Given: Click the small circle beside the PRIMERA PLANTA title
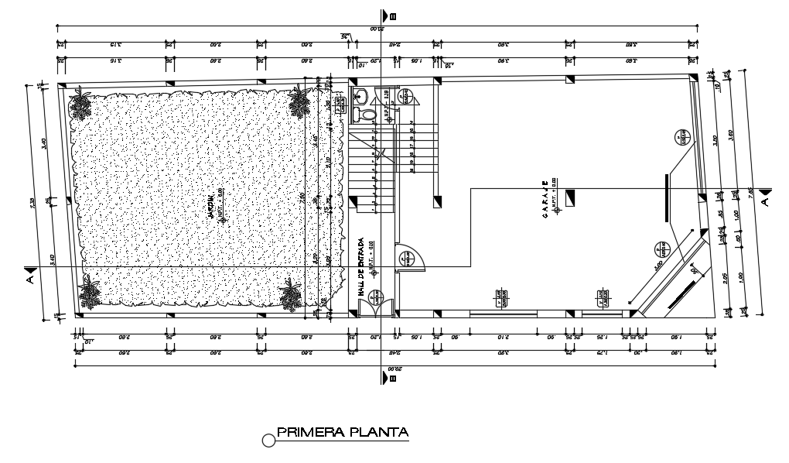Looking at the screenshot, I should (x=269, y=441).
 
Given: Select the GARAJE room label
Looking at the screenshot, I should (x=545, y=201).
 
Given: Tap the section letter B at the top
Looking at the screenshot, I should (x=393, y=15).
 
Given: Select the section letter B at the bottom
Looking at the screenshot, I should (x=393, y=379).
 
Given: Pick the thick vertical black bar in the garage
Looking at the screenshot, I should (x=665, y=197).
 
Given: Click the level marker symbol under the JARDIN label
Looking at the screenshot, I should (x=223, y=220).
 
